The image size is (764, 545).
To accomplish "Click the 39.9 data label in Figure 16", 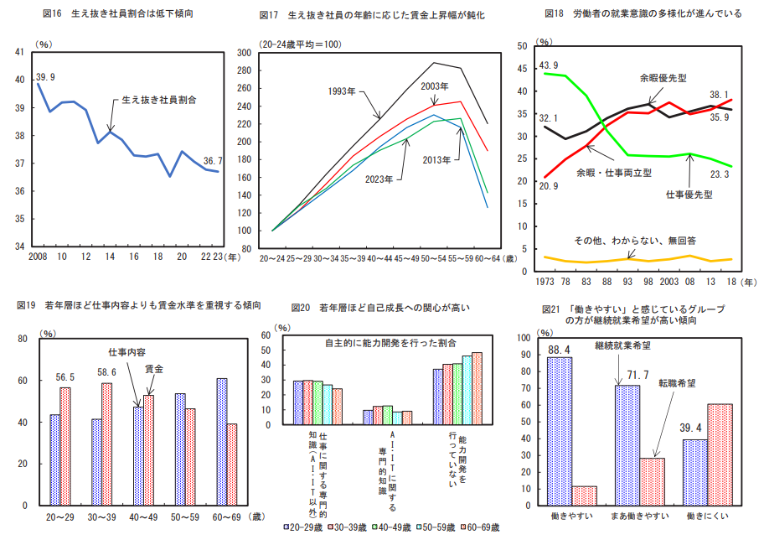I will coord(46,77).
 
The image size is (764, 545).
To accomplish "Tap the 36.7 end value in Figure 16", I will coord(213,161).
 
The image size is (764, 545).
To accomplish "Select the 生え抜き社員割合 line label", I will coord(159,99).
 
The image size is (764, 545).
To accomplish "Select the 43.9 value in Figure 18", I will coord(549,65).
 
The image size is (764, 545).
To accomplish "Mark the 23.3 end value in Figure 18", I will coord(720,174).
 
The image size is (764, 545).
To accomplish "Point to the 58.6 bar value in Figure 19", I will coord(106,372).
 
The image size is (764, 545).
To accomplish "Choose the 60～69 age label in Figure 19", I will coord(226,516).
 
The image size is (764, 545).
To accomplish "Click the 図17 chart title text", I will coord(373,15).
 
